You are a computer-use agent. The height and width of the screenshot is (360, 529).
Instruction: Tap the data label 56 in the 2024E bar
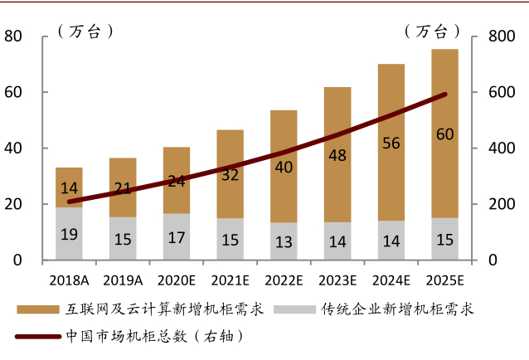click(x=391, y=143)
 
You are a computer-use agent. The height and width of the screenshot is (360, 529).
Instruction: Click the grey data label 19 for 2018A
click(x=69, y=234)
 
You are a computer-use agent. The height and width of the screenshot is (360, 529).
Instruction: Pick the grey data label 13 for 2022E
click(x=284, y=241)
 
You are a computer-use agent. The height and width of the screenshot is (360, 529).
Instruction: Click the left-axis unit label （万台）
click(x=85, y=32)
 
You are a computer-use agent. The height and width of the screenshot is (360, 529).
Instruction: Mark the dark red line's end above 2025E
click(x=446, y=95)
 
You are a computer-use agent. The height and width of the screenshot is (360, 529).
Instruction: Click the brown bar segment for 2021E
click(x=230, y=158)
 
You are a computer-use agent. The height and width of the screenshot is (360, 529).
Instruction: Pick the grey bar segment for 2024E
click(x=391, y=241)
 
